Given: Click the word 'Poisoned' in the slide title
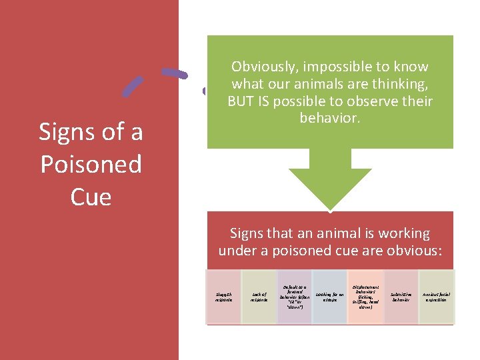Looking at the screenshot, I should point(91,164).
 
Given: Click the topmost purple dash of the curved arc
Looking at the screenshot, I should point(175,73).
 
